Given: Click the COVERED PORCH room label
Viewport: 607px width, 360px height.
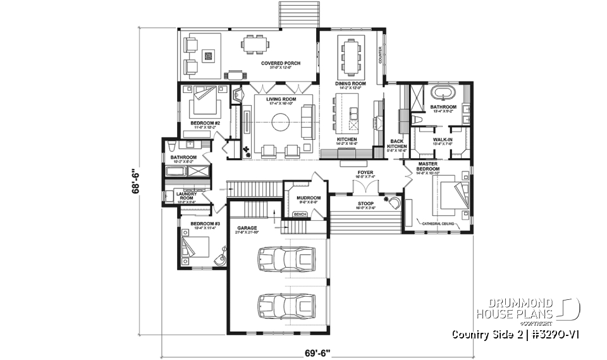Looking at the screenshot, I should [281, 63].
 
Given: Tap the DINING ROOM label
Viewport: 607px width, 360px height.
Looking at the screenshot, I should [350, 84].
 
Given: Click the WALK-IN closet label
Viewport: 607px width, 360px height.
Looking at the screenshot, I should [443, 139].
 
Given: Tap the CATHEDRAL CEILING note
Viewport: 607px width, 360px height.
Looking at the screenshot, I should [441, 223].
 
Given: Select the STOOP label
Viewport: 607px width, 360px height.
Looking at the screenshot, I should [365, 204].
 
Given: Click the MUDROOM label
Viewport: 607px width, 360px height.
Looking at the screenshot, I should [309, 198].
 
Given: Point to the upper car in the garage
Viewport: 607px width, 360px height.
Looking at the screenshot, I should [285, 258].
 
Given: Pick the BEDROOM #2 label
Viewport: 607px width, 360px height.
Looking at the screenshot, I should [205, 123].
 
